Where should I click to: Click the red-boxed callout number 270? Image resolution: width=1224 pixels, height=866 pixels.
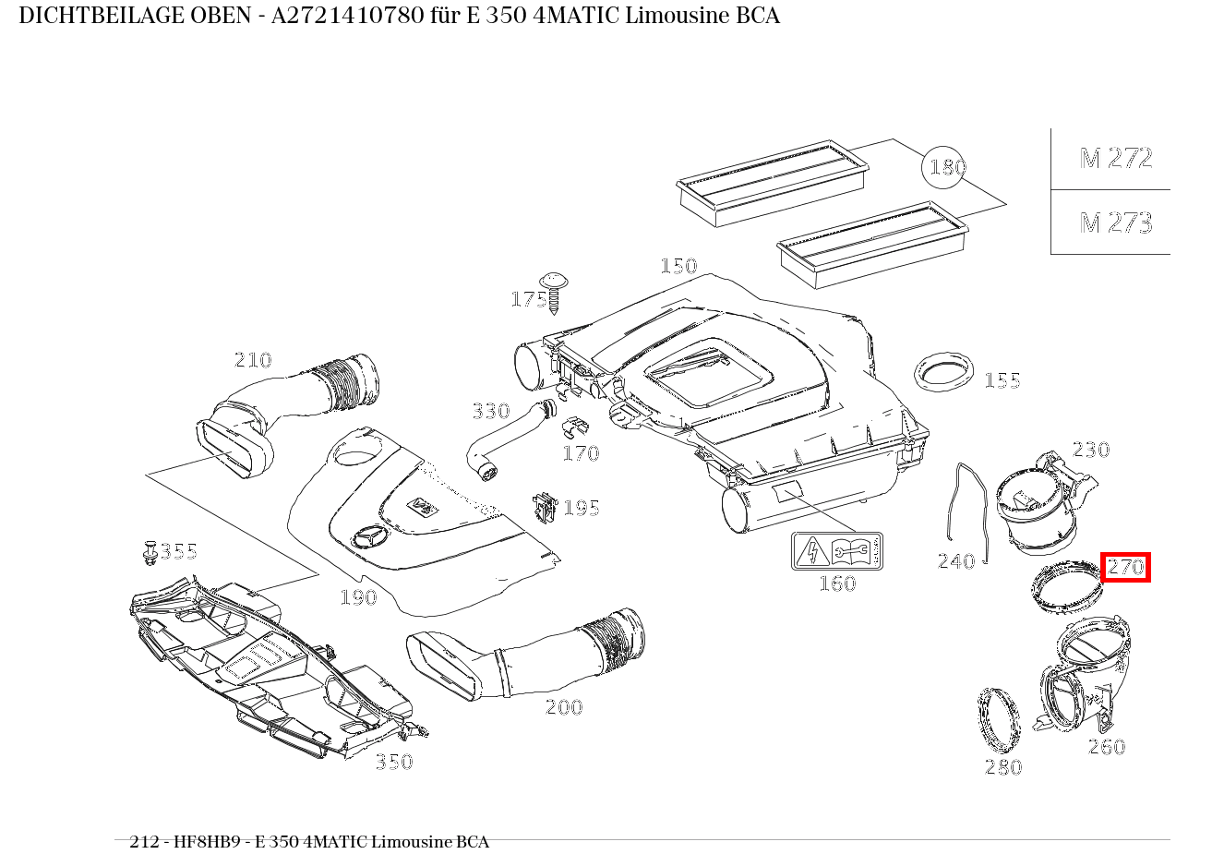[1125, 566]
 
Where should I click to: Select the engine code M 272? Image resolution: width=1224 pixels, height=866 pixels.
[1116, 159]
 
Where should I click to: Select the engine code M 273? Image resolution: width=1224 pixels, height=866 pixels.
[1116, 223]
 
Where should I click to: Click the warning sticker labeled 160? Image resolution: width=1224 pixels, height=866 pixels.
[836, 551]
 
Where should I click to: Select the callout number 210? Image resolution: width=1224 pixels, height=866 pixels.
[252, 360]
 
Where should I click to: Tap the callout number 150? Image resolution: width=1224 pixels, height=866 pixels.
[678, 266]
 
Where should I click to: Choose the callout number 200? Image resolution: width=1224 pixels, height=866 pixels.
[563, 707]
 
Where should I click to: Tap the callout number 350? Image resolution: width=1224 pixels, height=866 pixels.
[393, 762]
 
